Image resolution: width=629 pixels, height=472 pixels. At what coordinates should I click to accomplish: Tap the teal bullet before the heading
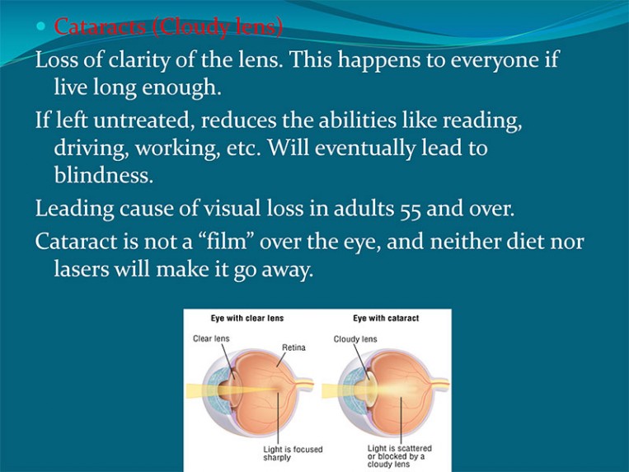[42, 27]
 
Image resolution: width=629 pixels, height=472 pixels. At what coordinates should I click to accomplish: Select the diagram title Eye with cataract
[386, 319]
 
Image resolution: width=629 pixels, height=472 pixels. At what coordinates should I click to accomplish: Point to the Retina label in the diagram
[293, 347]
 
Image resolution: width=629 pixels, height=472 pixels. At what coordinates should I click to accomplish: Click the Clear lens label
[211, 339]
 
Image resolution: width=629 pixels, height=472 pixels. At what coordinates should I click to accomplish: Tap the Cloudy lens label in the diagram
[355, 339]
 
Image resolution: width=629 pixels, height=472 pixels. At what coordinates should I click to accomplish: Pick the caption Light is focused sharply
[293, 453]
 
